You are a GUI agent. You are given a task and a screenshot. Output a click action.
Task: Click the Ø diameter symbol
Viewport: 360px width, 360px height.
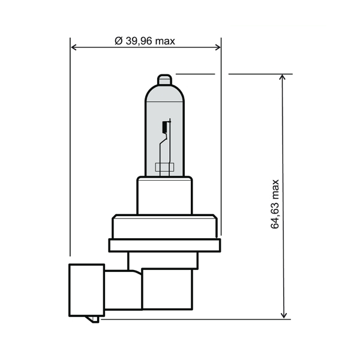[x=118, y=41]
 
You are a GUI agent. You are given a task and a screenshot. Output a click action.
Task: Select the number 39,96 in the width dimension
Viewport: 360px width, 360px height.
[x=140, y=41]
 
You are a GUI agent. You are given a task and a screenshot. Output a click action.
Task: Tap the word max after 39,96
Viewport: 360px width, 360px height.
[x=166, y=41]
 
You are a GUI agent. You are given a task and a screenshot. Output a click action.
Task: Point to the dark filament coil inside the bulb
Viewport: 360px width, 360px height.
[x=164, y=127]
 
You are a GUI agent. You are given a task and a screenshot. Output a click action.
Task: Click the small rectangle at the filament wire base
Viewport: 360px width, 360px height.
[x=164, y=167]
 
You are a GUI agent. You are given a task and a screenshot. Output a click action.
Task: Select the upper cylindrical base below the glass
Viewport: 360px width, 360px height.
[x=164, y=196]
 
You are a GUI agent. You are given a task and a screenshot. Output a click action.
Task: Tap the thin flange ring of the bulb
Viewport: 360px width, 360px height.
[x=164, y=245]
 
